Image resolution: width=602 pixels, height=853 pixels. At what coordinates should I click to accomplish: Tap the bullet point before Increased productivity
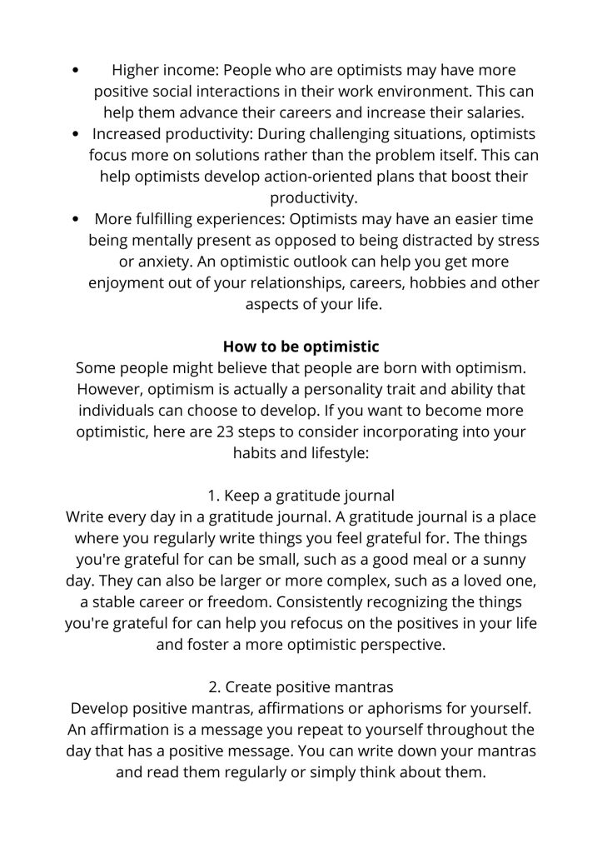point(77,134)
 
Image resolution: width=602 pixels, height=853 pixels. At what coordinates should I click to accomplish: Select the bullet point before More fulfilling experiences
point(77,220)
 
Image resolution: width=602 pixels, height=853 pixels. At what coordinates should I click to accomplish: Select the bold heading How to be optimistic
point(301,347)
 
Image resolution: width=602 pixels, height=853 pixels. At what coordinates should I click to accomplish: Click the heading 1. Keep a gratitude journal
point(301,496)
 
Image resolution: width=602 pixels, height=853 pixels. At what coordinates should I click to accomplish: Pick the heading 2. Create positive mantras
point(301,688)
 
